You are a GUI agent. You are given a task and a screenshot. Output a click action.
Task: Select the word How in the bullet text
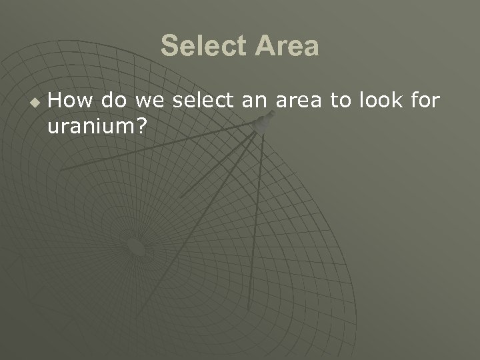[x=69, y=101]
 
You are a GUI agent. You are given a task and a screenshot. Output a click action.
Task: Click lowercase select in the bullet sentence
[x=199, y=101]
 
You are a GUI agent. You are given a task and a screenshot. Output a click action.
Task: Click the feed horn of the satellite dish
[x=266, y=122]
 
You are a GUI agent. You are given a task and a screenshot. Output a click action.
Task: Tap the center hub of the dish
[x=135, y=247]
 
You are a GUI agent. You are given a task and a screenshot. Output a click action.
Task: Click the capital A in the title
[x=265, y=47]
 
